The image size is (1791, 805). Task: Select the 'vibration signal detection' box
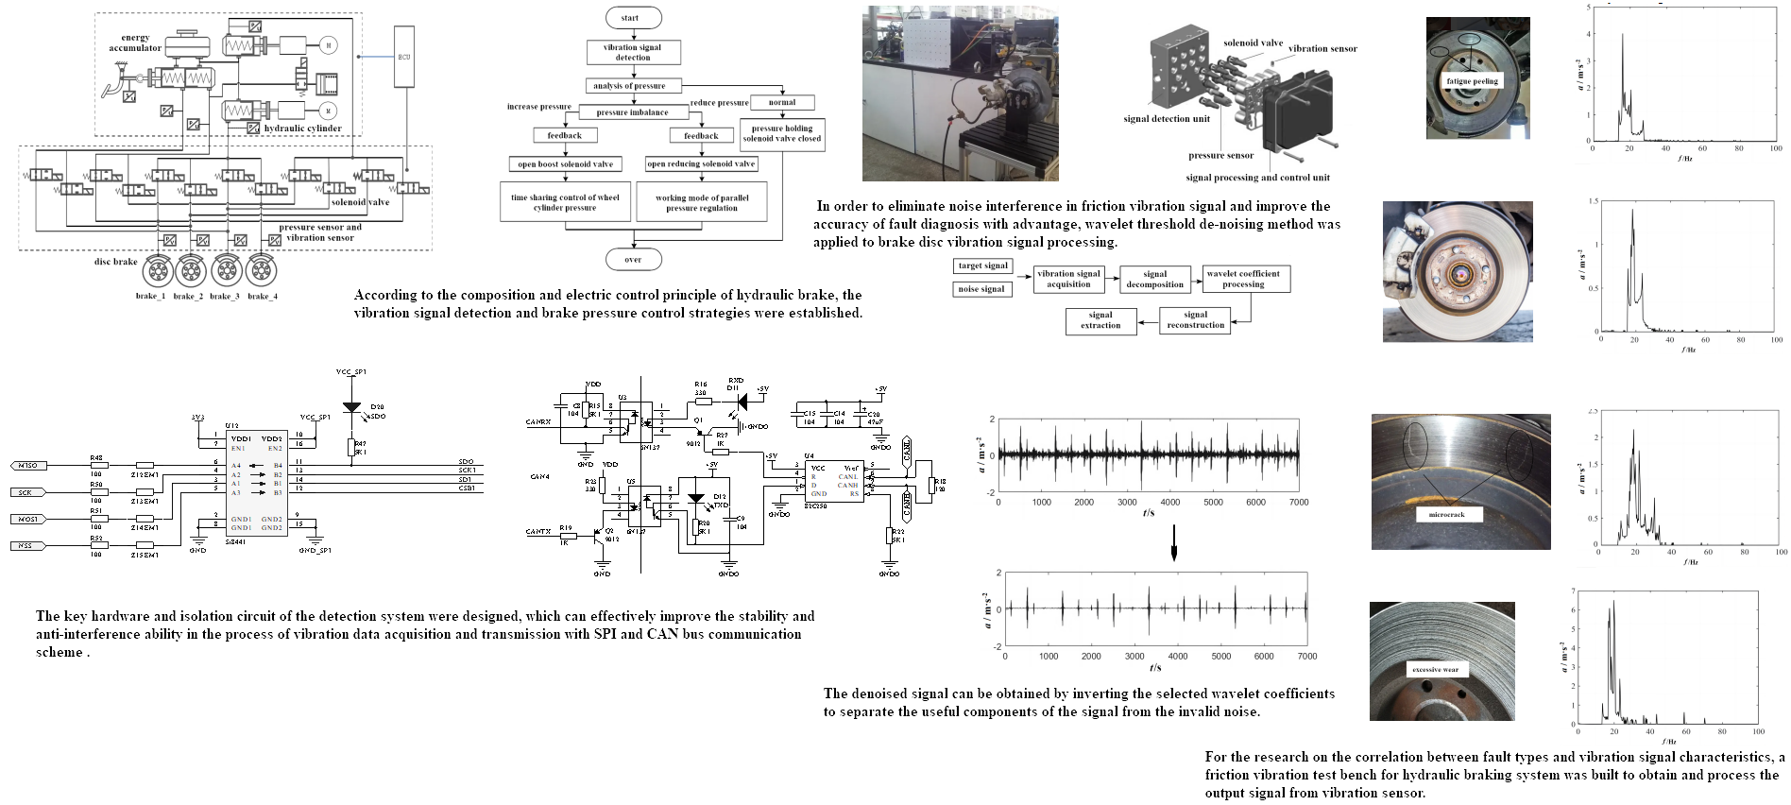(x=633, y=52)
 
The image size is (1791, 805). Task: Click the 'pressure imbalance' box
(x=632, y=112)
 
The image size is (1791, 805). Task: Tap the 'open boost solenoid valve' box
(x=565, y=164)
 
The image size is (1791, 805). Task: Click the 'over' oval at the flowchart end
(x=633, y=260)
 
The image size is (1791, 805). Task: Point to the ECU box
(x=404, y=57)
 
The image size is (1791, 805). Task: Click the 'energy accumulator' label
(x=135, y=43)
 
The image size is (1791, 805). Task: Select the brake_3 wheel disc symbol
(x=228, y=271)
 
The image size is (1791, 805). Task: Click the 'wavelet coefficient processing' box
(x=1243, y=279)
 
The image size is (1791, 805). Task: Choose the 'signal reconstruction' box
(x=1195, y=320)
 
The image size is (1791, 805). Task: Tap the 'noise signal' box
(x=981, y=289)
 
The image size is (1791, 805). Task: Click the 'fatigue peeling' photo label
(x=1472, y=81)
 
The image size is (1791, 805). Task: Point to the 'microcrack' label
(x=1446, y=515)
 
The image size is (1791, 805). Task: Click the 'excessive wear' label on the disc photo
(x=1435, y=669)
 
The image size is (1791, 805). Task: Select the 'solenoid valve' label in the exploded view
(x=1253, y=43)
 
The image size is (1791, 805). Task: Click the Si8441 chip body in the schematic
(x=256, y=484)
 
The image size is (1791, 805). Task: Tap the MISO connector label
(x=26, y=466)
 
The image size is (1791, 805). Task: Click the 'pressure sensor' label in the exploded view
(x=1220, y=155)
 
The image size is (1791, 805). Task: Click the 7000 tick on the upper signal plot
(x=1299, y=502)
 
